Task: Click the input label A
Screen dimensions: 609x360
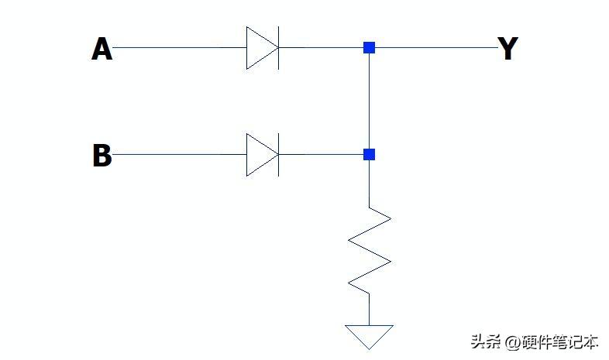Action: (x=101, y=49)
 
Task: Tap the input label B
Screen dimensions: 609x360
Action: (x=101, y=156)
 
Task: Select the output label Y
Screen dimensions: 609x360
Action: (x=507, y=49)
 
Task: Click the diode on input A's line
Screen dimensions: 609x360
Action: (x=262, y=48)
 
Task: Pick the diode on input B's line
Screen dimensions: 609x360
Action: (x=262, y=155)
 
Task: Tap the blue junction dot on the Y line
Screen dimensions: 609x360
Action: (x=370, y=48)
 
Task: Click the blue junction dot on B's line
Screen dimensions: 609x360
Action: (x=370, y=155)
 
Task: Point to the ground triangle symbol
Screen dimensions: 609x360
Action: (x=370, y=336)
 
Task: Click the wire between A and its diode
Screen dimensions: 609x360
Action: (x=178, y=48)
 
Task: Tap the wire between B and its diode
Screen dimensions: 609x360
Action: (x=178, y=155)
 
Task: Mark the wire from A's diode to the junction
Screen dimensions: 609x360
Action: (x=322, y=48)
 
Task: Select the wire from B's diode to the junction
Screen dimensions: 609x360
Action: (x=322, y=155)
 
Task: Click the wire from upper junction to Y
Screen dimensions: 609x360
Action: (x=434, y=48)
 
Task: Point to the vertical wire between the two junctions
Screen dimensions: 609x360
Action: (x=370, y=101)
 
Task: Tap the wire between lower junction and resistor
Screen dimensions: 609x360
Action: (x=370, y=183)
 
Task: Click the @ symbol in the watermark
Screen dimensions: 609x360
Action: (x=512, y=342)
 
